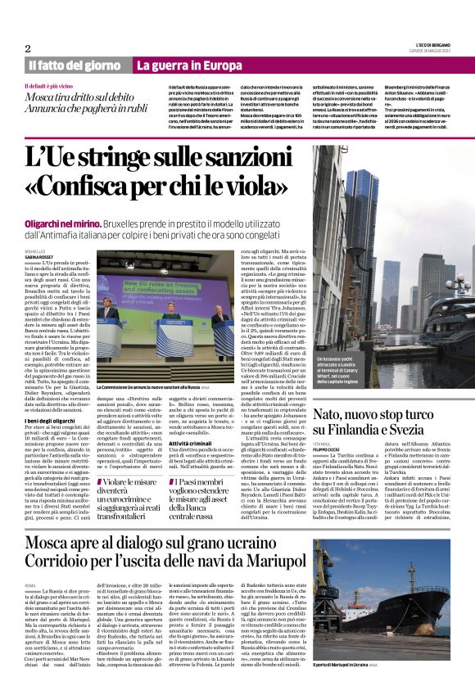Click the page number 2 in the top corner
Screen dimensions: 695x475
[28, 48]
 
